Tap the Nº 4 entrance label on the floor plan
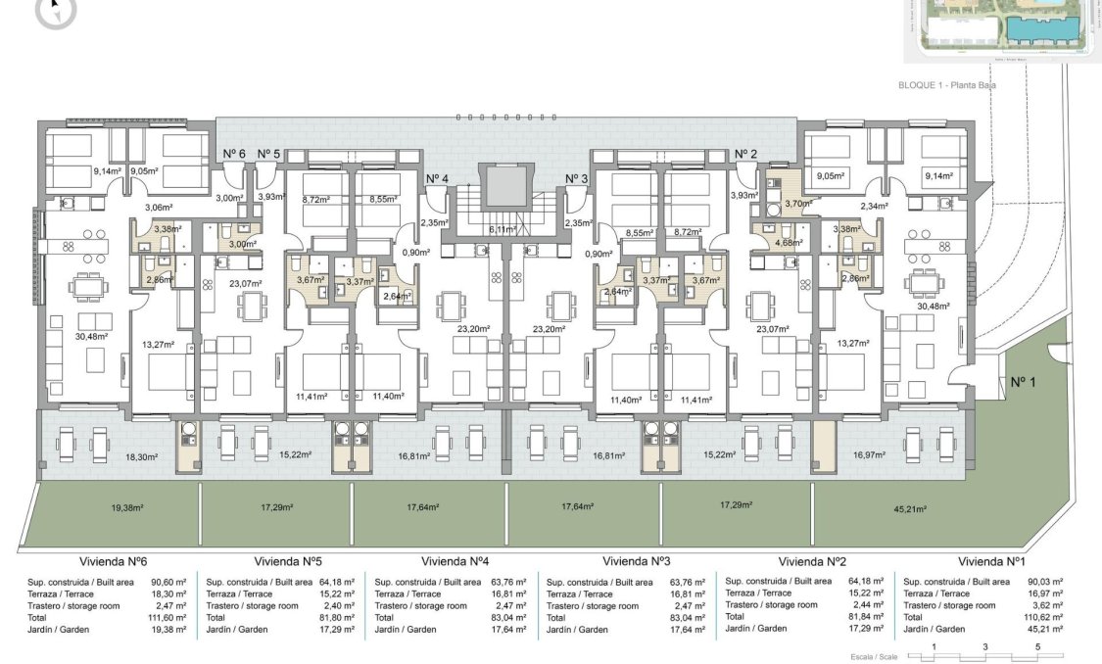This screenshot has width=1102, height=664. click(437, 178)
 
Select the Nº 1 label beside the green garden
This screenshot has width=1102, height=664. click(1022, 381)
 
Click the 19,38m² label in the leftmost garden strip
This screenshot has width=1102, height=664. click(127, 508)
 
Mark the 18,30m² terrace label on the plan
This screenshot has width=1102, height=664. click(142, 456)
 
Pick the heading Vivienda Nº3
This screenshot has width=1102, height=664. click(636, 561)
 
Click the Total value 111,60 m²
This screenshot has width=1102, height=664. click(171, 618)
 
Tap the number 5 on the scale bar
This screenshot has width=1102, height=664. click(1037, 646)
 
